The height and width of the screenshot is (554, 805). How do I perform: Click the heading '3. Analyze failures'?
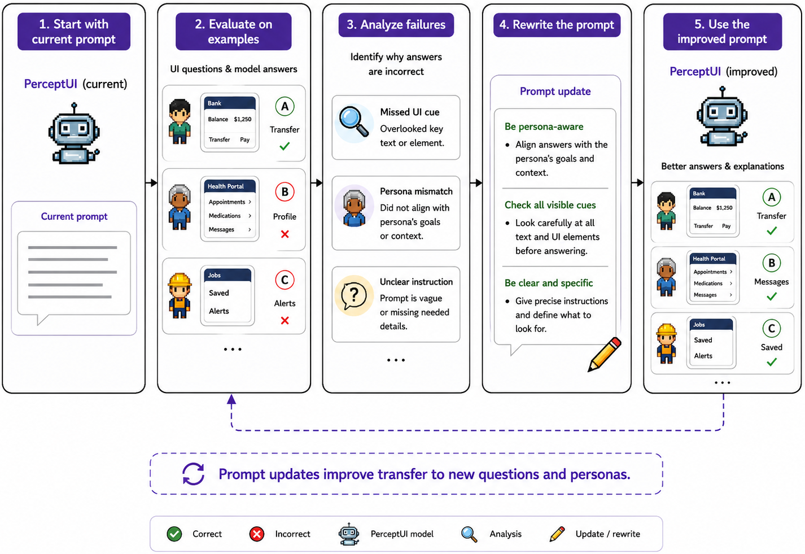[396, 24]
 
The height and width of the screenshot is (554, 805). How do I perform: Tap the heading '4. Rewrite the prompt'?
[556, 24]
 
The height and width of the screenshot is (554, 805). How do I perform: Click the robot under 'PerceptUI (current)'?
[74, 133]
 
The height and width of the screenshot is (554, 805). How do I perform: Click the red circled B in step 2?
[285, 192]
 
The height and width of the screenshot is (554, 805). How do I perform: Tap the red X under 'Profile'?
[285, 234]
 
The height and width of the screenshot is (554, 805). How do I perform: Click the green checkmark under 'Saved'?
[771, 362]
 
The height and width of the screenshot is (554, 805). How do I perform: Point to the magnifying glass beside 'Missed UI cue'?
[353, 121]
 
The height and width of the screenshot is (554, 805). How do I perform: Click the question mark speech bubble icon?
[353, 295]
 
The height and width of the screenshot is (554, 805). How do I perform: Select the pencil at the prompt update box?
[604, 355]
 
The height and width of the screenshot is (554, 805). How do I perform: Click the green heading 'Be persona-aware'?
[544, 126]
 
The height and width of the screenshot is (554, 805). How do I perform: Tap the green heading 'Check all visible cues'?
[550, 205]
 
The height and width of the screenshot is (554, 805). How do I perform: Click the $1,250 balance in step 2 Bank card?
[243, 119]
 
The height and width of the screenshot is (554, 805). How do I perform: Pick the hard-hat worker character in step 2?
[180, 295]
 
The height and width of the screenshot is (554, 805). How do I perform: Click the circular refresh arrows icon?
[193, 474]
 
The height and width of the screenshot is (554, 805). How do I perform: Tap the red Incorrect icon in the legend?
[257, 534]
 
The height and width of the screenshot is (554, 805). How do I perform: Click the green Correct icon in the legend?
[174, 534]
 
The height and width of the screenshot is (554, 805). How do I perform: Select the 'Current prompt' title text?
[74, 216]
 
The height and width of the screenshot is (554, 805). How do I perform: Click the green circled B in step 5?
[771, 263]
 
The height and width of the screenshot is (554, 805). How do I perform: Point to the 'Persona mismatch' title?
[416, 191]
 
